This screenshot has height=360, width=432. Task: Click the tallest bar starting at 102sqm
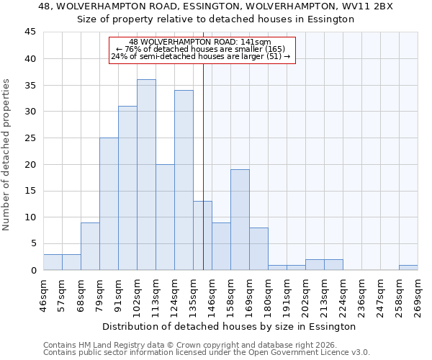tap(146, 175)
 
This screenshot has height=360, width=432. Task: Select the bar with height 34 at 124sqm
tap(184, 180)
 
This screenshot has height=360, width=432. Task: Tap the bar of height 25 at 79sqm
tap(109, 204)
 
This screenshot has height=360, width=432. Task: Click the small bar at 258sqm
tap(408, 267)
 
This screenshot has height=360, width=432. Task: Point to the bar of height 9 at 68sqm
tap(90, 246)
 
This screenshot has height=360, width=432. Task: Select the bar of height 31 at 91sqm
tap(127, 188)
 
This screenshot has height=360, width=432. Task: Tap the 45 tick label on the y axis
tap(30, 32)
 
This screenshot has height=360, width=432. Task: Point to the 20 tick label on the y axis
tap(30, 164)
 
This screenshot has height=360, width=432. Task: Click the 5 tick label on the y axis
tap(32, 243)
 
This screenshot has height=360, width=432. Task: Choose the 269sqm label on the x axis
tap(418, 295)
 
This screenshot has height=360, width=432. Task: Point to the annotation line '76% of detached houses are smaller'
tap(201, 49)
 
